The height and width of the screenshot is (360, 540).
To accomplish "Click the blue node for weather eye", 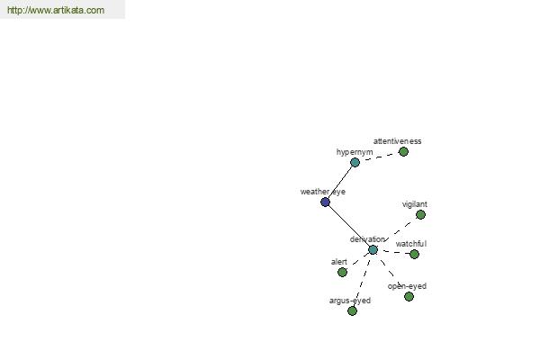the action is click(x=325, y=202).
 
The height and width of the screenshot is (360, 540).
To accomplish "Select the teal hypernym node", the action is click(x=355, y=162).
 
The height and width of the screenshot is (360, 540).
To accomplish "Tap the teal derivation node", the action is click(x=373, y=250).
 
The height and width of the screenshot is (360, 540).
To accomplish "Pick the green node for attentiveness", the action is click(x=403, y=151).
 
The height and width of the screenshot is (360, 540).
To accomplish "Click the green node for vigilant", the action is click(x=420, y=214).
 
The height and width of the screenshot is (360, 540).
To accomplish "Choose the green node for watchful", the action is click(x=414, y=254).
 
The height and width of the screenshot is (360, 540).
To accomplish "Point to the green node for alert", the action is click(x=342, y=272).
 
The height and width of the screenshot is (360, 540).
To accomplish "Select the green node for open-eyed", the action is click(x=409, y=296).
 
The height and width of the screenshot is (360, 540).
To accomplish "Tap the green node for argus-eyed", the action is click(x=352, y=311).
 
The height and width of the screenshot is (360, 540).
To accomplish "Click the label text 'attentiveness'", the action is click(x=397, y=141).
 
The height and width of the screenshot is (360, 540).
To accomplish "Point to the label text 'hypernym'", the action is click(x=355, y=152).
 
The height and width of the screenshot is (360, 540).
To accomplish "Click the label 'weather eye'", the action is click(x=323, y=192).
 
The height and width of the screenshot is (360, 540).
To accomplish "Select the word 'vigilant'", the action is click(x=415, y=204).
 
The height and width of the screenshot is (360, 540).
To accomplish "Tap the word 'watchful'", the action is click(x=411, y=244).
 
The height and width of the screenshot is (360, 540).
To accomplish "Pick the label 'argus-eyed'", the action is click(x=350, y=301).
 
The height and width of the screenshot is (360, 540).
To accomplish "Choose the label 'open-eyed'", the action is click(x=407, y=286).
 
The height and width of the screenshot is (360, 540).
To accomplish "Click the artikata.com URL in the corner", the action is click(x=56, y=10).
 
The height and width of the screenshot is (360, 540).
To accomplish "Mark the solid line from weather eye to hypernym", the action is click(x=340, y=182).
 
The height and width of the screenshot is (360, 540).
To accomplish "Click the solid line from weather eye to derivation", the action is click(x=349, y=226).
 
